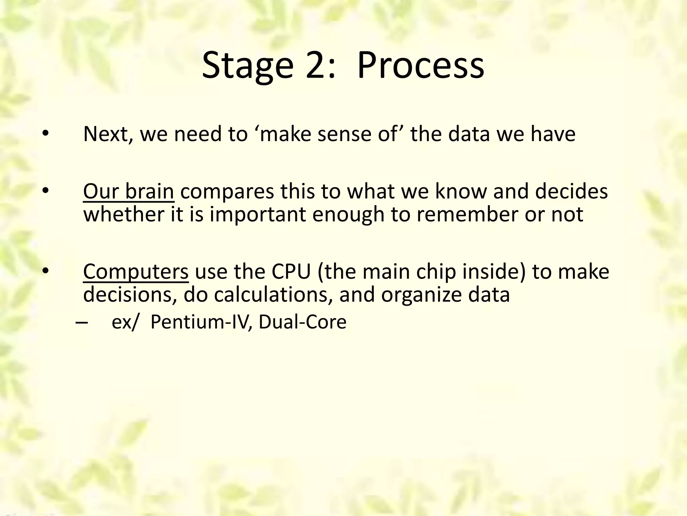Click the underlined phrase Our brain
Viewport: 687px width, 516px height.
pyautogui.click(x=128, y=191)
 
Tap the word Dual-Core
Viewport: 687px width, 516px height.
pyautogui.click(x=302, y=322)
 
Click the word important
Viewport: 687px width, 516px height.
pyautogui.click(x=258, y=214)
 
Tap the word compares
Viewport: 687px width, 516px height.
pyautogui.click(x=227, y=191)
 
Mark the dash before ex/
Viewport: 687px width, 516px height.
pyautogui.click(x=82, y=322)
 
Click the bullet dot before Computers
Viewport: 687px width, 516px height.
pyautogui.click(x=46, y=271)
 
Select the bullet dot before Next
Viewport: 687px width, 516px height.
pyautogui.click(x=46, y=134)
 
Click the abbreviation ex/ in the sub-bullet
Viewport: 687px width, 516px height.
pyautogui.click(x=124, y=322)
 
